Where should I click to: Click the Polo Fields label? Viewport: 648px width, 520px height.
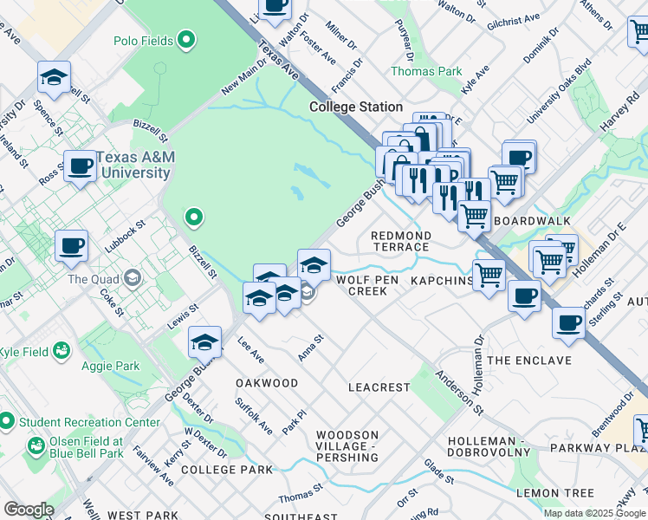[x=143, y=41]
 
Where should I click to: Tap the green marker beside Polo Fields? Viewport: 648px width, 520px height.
[x=185, y=40]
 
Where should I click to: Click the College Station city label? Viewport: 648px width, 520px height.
[x=356, y=107]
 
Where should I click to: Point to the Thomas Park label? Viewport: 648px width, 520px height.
[x=426, y=71]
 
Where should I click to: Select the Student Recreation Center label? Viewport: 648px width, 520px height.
[x=87, y=422]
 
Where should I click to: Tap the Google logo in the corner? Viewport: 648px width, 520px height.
[x=29, y=510]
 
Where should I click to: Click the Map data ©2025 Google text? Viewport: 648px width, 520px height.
[x=594, y=513]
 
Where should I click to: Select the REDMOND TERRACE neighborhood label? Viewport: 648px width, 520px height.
[x=400, y=241]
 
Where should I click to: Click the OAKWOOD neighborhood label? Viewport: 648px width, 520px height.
[x=267, y=382]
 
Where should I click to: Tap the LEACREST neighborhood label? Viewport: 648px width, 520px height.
[x=379, y=387]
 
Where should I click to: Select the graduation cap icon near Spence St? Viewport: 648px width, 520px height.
[x=54, y=78]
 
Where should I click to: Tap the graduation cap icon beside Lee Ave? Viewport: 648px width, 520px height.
[x=204, y=343]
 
